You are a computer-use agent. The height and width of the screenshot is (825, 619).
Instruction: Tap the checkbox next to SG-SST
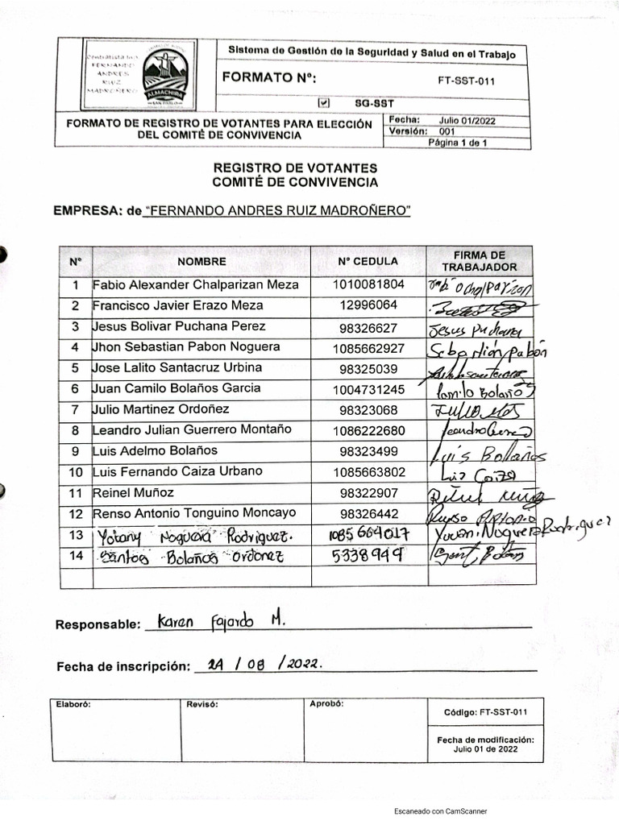click(324, 103)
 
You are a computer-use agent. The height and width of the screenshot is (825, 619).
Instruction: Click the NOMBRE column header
click(201, 261)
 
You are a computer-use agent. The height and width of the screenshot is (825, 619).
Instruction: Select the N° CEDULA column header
click(368, 261)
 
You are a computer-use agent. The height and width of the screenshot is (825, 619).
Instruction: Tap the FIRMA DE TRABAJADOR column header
click(479, 260)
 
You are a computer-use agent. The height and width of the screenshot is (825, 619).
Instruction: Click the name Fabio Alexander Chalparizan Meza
click(196, 284)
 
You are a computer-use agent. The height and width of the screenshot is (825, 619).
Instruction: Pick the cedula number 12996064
click(368, 305)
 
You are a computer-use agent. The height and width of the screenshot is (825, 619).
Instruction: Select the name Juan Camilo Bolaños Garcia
click(177, 388)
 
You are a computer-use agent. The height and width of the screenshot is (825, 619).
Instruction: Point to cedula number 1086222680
click(368, 429)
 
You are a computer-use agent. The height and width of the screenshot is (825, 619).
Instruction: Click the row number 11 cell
click(76, 492)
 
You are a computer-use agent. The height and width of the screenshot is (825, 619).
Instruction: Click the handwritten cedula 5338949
click(367, 555)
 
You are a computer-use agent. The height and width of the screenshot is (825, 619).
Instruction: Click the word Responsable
click(96, 625)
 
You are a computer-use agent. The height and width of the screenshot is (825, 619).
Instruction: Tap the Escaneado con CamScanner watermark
click(440, 810)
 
